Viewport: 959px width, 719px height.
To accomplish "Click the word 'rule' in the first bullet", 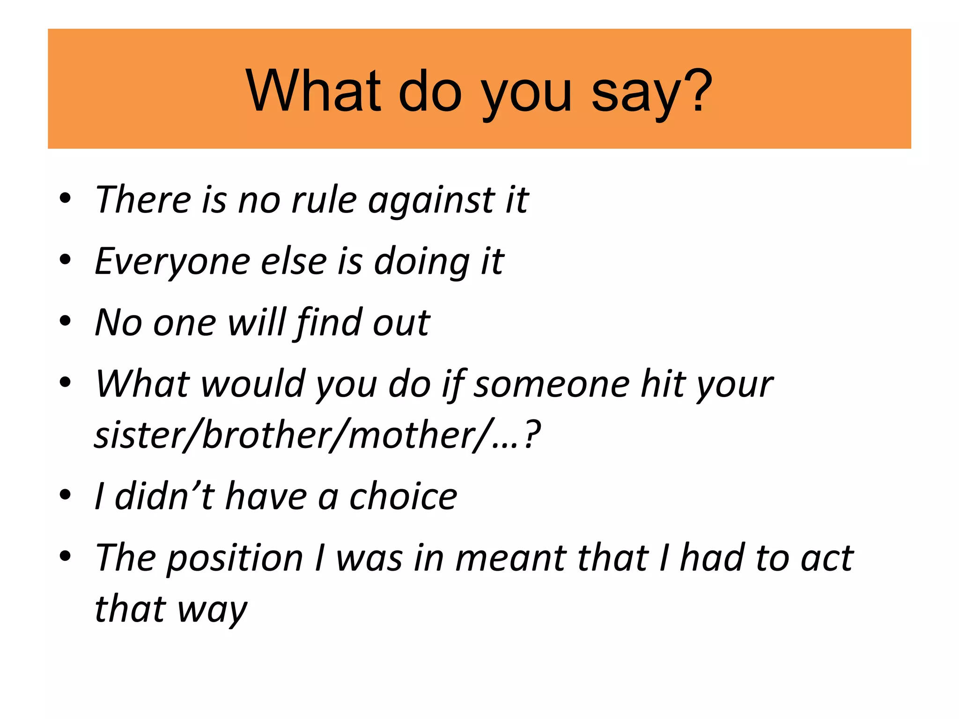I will tap(324, 200).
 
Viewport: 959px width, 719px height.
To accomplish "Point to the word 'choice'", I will tap(403, 496).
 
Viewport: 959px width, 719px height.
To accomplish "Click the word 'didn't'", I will tap(164, 496).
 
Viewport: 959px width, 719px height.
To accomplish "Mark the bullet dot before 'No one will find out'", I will tap(66, 321).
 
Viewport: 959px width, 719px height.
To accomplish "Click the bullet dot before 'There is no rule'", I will tap(66, 198).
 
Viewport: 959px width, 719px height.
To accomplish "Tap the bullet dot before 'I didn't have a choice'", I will tap(66, 494).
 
